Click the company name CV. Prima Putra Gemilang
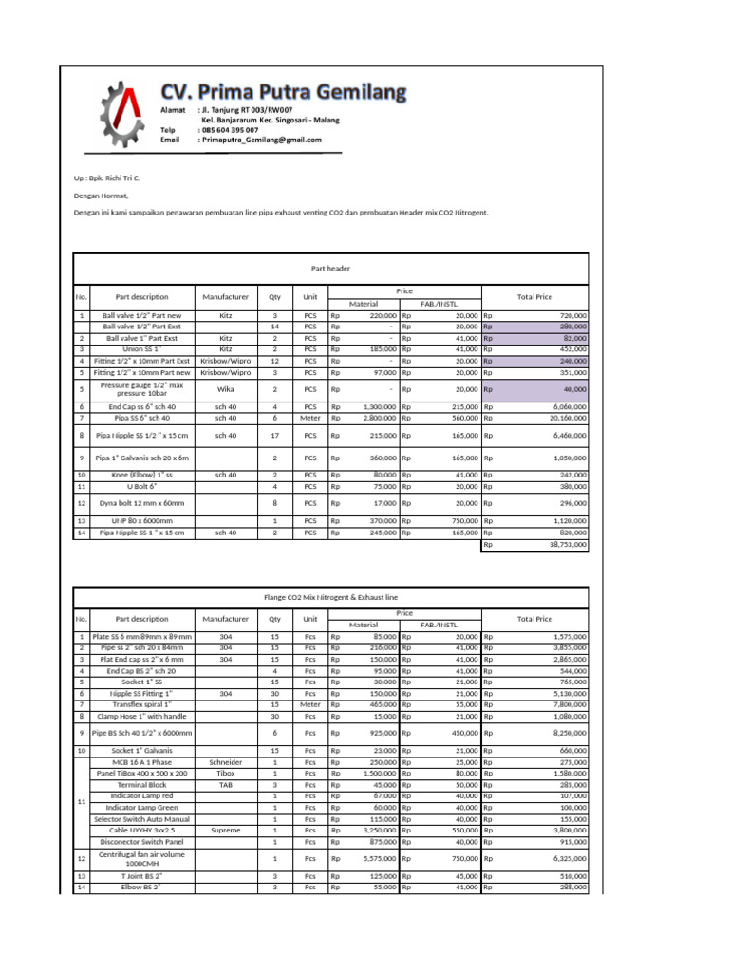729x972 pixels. tap(283, 93)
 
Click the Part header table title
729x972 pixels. tap(330, 269)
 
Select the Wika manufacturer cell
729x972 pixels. tap(226, 388)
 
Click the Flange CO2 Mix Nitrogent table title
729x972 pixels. tap(330, 597)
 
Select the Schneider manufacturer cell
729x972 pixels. tap(226, 762)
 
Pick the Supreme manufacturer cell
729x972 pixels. tap(226, 830)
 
